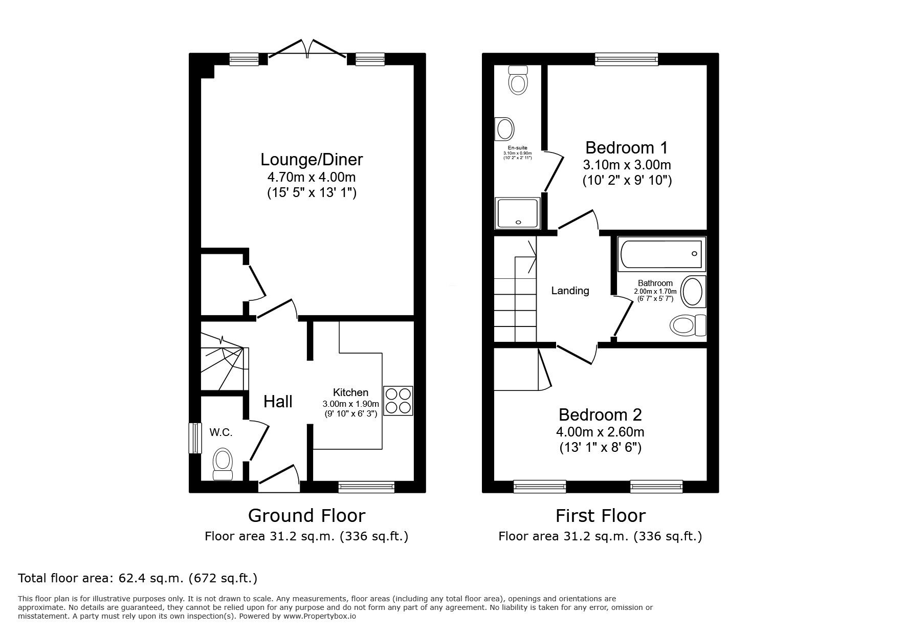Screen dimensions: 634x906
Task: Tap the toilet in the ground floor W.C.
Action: [223, 463]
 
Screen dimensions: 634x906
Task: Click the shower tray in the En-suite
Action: [517, 213]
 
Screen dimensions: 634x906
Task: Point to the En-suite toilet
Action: [518, 80]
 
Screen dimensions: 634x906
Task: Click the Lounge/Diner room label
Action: [312, 160]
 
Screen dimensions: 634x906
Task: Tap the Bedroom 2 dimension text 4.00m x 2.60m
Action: [600, 431]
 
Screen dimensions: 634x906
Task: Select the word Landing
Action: [570, 291]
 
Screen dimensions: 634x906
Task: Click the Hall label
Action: [278, 402]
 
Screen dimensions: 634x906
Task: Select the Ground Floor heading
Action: [306, 515]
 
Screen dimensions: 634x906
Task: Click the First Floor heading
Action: [601, 515]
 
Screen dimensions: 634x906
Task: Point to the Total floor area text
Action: [138, 578]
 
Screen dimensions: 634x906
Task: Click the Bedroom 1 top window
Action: [626, 60]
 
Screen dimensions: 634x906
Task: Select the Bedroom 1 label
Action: [626, 148]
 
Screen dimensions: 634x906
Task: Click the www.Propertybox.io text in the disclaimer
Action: [320, 617]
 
